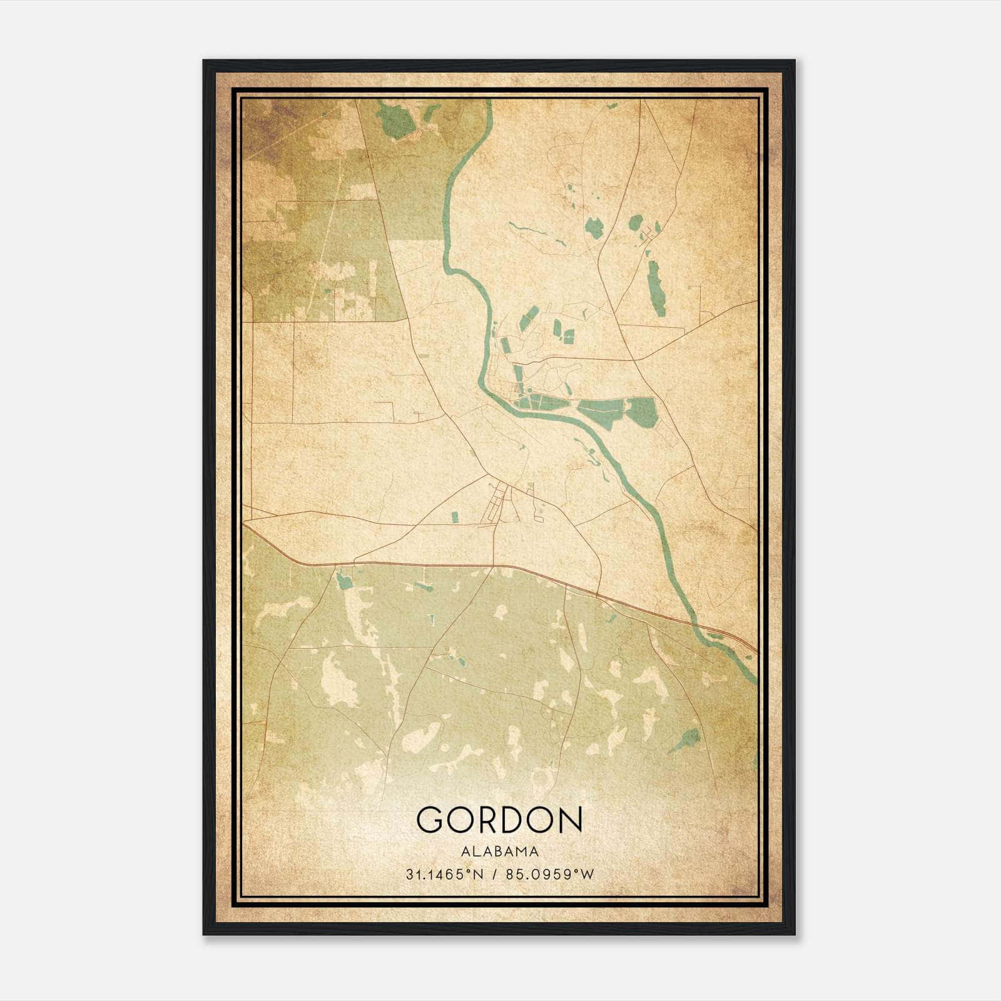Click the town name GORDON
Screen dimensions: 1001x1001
pyautogui.click(x=499, y=820)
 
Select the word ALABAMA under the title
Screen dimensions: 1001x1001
pyautogui.click(x=499, y=851)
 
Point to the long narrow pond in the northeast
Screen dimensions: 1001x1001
pyautogui.click(x=654, y=288)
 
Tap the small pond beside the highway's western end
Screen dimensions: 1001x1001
pyautogui.click(x=343, y=582)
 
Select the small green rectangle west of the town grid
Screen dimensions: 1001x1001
pyautogui.click(x=455, y=517)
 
